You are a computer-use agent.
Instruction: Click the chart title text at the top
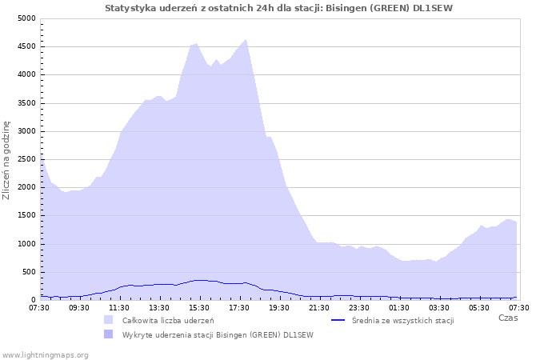point(278,8)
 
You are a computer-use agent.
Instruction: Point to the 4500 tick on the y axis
point(26,46)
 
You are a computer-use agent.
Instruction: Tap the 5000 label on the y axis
point(26,18)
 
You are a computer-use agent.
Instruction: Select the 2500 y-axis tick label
point(26,160)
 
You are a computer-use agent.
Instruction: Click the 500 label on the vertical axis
point(29,273)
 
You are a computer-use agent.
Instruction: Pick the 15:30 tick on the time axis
point(199,308)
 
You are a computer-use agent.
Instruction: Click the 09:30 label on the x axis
point(79,308)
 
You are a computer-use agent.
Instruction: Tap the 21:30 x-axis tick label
point(319,308)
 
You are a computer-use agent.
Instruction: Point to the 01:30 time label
point(399,308)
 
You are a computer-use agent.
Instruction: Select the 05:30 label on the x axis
point(479,308)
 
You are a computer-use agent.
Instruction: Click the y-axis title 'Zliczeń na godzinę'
point(6,160)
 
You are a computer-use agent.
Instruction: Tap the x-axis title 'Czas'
point(508,318)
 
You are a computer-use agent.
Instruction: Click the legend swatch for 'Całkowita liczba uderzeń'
point(108,320)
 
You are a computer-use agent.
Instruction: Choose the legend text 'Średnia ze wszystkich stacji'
point(403,321)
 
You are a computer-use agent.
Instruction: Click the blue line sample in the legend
point(338,320)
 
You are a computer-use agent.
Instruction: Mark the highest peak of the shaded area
point(246,40)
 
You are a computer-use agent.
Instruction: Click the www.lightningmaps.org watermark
point(45,355)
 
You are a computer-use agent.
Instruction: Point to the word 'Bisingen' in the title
point(346,8)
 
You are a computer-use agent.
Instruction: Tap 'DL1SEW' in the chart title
point(433,8)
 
